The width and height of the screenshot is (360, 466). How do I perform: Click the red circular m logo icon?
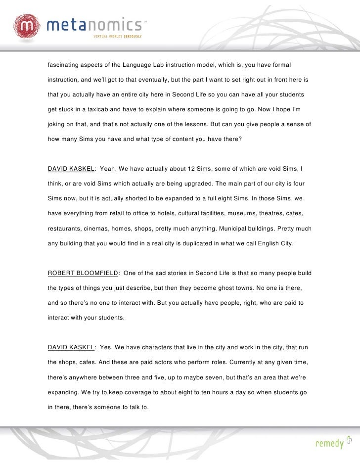(x=26, y=26)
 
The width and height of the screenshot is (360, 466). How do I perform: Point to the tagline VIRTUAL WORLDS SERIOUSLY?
(x=118, y=37)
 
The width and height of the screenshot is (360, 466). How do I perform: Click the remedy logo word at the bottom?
(x=329, y=444)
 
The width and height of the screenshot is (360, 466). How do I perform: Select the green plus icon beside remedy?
(x=350, y=440)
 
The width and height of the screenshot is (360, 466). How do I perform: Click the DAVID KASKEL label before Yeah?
(x=71, y=169)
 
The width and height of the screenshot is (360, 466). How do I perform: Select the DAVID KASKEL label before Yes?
(x=71, y=347)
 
